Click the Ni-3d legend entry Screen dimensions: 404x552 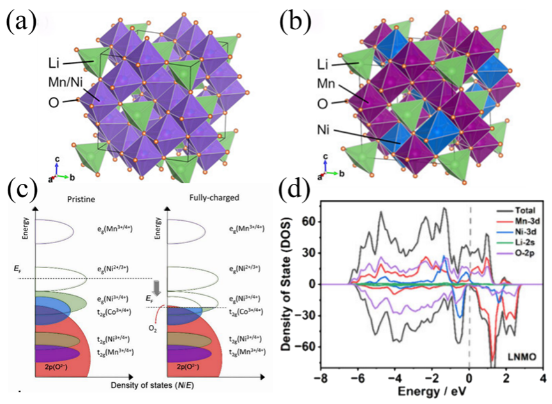click(x=516, y=234)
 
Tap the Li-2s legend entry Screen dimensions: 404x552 click(x=515, y=245)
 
